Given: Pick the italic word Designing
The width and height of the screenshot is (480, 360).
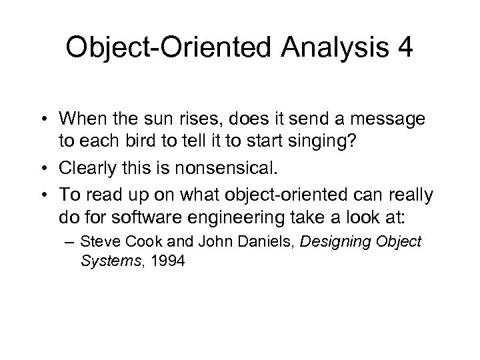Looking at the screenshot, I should (x=333, y=241).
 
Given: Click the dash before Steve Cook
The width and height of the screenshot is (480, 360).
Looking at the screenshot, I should (x=87, y=242).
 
